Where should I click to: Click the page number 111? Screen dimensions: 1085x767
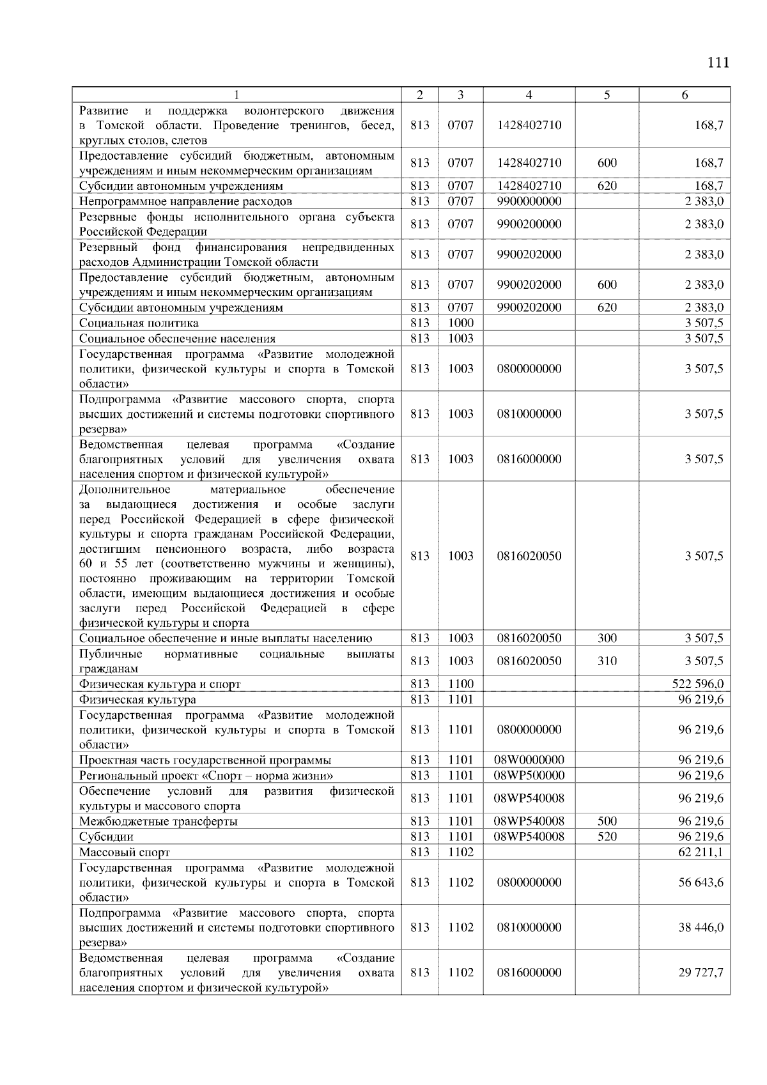tap(718, 63)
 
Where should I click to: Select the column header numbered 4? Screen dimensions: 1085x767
tap(529, 95)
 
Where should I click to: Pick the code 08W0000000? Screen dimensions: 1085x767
tap(529, 760)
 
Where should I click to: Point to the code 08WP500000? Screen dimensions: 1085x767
tap(529, 776)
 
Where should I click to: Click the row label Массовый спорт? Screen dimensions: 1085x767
tap(125, 852)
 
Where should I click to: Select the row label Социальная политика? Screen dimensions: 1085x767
tap(139, 323)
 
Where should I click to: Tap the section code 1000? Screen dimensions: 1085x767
tap(460, 323)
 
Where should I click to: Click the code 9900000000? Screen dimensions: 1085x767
tap(529, 201)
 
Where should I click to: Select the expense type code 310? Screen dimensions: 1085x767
tap(607, 661)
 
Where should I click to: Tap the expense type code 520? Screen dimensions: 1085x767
tap(607, 837)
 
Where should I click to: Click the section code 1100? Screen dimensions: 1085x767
tap(460, 684)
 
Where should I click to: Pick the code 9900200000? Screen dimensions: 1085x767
tap(529, 224)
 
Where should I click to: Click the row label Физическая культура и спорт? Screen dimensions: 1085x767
tap(160, 684)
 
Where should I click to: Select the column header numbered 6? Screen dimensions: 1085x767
tap(685, 95)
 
